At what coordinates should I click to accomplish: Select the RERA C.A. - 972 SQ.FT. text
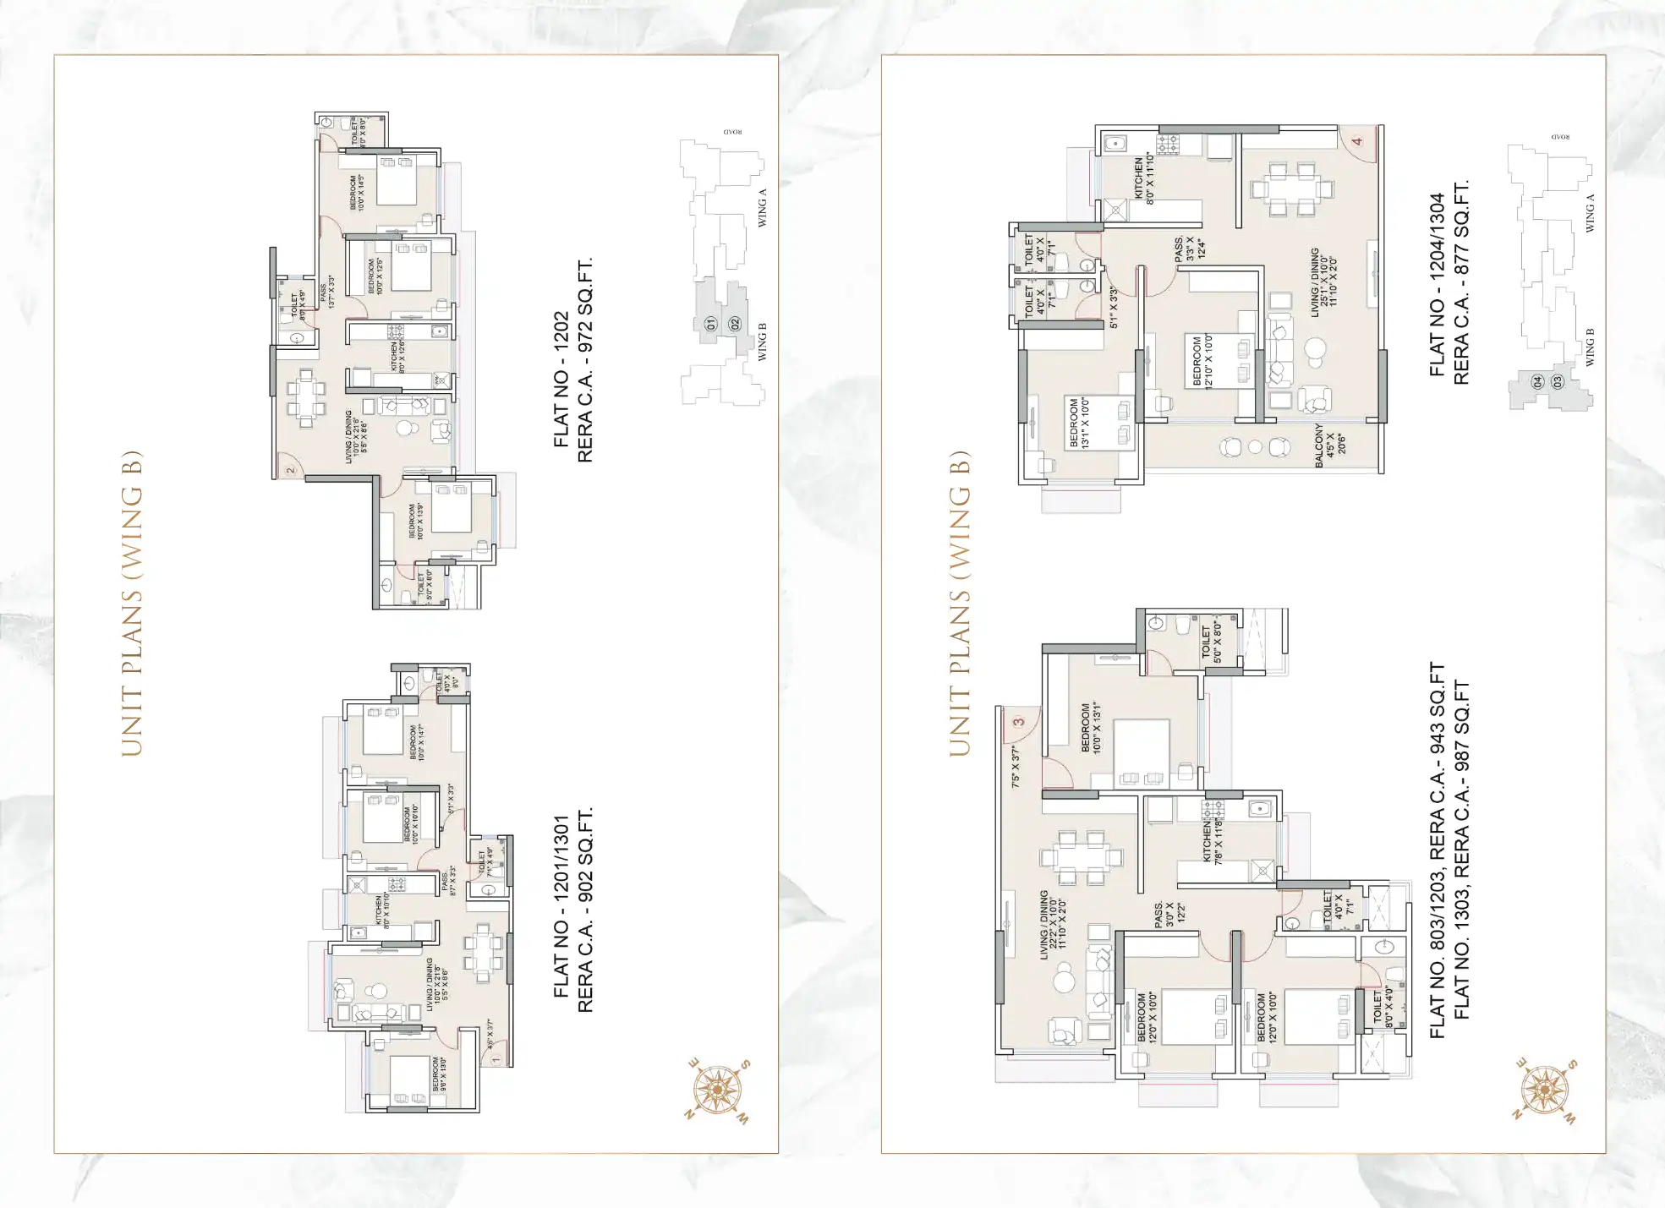[x=585, y=360]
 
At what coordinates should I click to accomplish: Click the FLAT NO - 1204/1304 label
[x=1438, y=285]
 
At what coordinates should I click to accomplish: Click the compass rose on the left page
[x=718, y=1090]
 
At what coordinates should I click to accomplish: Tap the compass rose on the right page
[x=1545, y=1090]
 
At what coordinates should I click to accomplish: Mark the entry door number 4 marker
[x=1358, y=141]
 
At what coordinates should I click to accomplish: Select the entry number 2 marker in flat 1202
[x=289, y=470]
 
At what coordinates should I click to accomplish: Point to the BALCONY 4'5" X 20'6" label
[x=1324, y=445]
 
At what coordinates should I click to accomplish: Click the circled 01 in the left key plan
[x=710, y=324]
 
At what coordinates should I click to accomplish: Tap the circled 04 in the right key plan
[x=1537, y=382]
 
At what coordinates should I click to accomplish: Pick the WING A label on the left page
[x=762, y=208]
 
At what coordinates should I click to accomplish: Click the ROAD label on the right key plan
[x=1560, y=137]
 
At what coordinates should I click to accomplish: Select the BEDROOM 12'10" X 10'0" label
[x=1202, y=361]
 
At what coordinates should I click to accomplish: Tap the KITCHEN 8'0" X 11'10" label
[x=1144, y=177]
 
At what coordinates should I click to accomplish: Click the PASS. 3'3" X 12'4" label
[x=1184, y=248]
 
